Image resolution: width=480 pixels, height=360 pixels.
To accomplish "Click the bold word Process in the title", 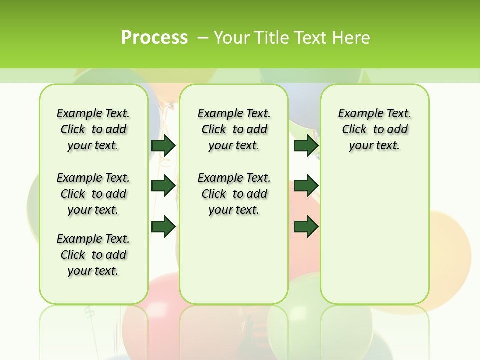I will pos(154,37).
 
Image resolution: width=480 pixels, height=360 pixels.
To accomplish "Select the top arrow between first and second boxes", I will pos(163,145).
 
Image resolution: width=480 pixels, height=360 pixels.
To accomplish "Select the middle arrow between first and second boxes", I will pos(163,186).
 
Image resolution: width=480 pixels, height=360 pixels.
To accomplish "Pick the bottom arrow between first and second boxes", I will pos(163,227).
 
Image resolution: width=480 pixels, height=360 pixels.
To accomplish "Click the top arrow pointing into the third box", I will pos(306,145).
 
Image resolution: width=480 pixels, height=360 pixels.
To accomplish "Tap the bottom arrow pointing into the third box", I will pos(306,227).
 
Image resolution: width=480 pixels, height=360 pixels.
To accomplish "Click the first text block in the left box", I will pos(93,129).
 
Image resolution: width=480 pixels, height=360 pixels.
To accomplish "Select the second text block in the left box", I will pos(93,194).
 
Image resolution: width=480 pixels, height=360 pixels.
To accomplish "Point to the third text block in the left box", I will pos(93,255).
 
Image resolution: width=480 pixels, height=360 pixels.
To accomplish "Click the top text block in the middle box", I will pos(234,129).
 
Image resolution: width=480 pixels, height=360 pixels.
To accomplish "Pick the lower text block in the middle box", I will pos(234,194).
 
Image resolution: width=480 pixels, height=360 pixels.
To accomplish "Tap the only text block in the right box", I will pos(375,129).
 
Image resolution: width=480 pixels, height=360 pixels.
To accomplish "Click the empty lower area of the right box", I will pos(375,240).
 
